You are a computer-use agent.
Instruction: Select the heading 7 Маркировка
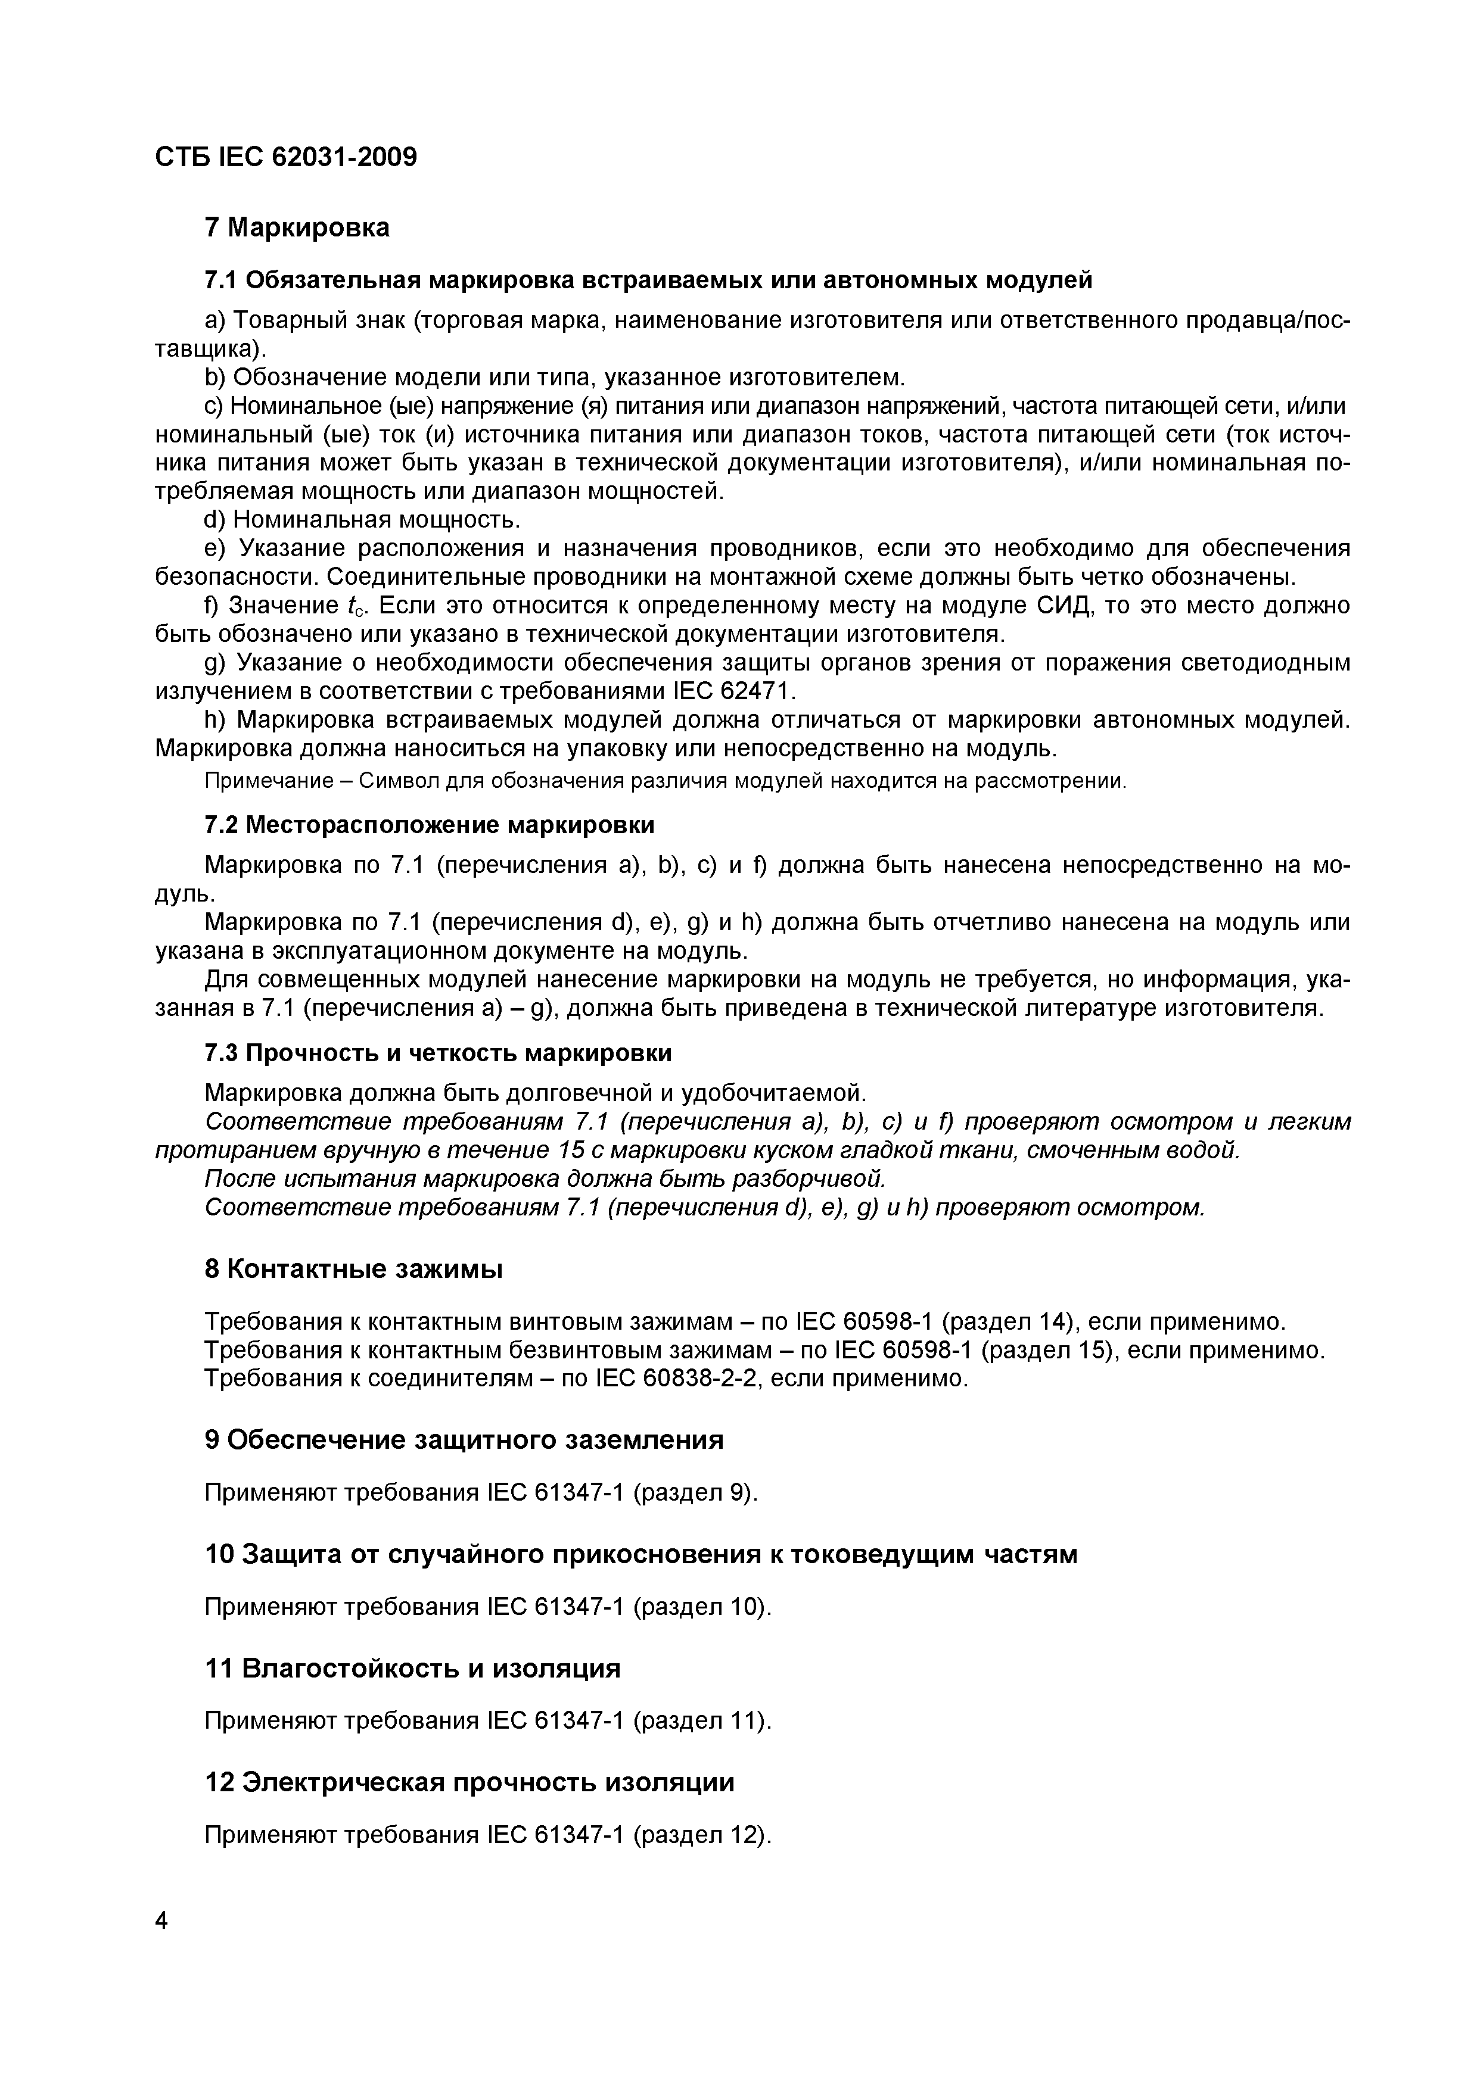click(x=297, y=227)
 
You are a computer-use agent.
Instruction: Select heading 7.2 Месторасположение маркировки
click(x=428, y=825)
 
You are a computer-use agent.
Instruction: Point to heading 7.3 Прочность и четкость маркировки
click(x=438, y=1053)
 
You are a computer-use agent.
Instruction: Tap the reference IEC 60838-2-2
click(x=678, y=1379)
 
